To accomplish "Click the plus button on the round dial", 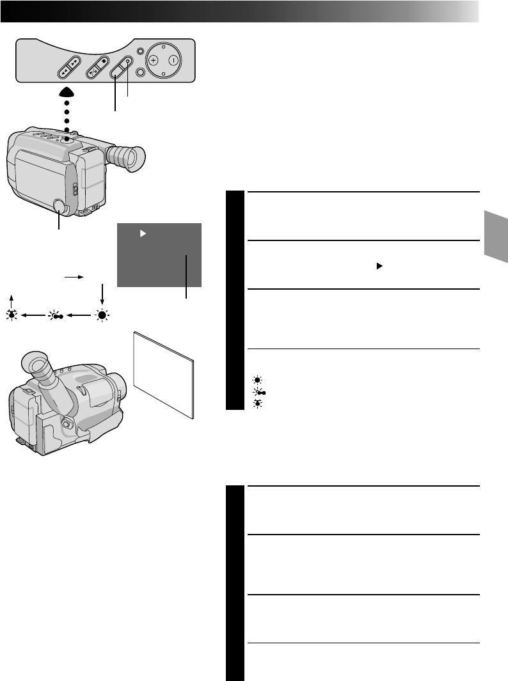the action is (x=154, y=60).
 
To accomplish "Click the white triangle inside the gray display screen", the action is (x=143, y=235).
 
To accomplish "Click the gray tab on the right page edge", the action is (x=496, y=236).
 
